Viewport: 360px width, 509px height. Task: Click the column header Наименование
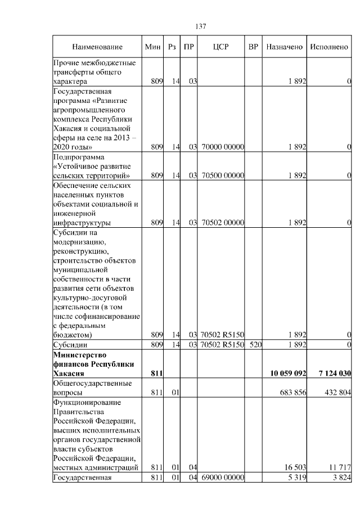tap(97, 47)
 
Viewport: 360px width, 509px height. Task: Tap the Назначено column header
tap(285, 47)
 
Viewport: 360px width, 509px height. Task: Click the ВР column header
tap(253, 47)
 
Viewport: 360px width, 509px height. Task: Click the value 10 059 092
tap(287, 373)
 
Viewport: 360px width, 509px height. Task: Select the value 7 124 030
tap(333, 373)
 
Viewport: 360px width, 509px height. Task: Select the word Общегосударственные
tap(92, 383)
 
